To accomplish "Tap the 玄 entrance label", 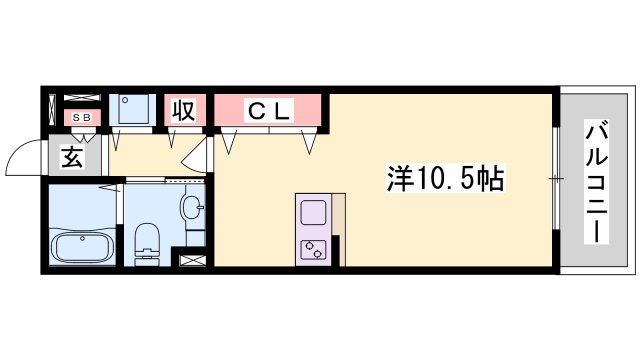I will (72, 156).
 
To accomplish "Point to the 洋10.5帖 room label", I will (445, 180).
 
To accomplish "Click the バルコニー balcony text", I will (596, 181).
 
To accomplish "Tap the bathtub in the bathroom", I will (81, 245).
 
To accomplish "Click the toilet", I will (146, 241).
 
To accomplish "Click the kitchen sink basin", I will (312, 213).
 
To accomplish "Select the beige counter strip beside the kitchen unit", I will (337, 230).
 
